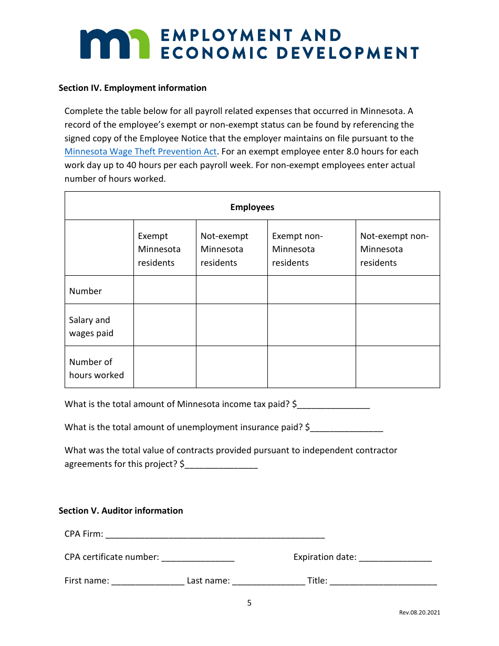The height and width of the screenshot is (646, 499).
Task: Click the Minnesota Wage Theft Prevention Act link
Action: click(140, 152)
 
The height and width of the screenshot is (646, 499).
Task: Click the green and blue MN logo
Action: click(115, 44)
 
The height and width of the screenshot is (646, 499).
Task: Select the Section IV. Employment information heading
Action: click(132, 88)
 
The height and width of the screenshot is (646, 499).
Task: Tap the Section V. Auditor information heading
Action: click(121, 510)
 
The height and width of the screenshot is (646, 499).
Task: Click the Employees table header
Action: click(252, 207)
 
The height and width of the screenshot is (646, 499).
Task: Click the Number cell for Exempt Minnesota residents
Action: click(164, 290)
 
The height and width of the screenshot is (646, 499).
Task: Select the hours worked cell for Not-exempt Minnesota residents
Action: click(232, 367)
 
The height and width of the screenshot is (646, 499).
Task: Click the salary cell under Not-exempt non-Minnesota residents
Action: click(397, 325)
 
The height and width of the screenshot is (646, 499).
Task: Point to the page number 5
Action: click(250, 603)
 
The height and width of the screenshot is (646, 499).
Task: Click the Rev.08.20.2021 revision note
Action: click(419, 612)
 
